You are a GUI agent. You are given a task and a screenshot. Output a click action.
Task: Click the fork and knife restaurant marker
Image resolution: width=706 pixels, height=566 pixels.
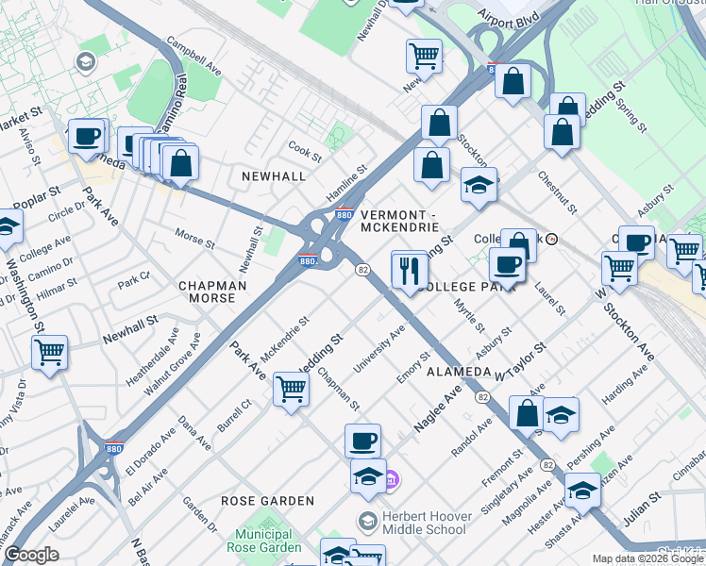coord(409,271)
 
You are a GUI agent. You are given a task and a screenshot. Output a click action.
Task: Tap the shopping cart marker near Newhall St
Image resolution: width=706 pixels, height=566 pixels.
coord(49,354)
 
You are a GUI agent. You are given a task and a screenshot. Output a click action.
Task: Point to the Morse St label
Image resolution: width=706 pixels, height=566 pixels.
coord(195,238)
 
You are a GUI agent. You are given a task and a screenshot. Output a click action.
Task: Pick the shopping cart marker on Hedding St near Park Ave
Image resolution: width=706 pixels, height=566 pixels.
coord(291,388)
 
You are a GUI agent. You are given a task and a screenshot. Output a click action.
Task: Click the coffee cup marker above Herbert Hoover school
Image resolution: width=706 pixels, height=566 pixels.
coord(362,441)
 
